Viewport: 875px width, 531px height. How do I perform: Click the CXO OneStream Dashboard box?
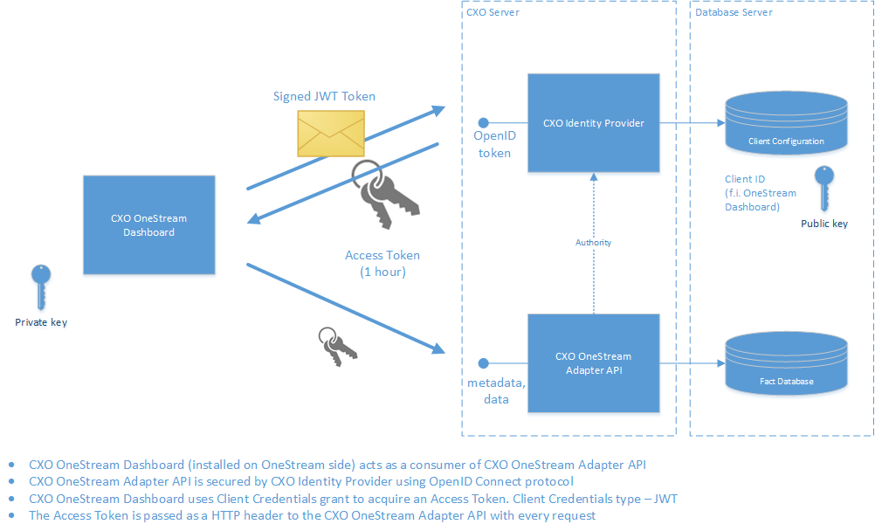point(148,225)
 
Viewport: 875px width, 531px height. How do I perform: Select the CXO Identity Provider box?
point(593,123)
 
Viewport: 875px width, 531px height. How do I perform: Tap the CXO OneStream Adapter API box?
point(593,363)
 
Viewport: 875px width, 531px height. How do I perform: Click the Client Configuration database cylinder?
point(786,124)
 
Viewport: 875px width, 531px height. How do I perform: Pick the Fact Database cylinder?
point(786,365)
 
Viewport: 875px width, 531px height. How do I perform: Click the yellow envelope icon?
point(331,134)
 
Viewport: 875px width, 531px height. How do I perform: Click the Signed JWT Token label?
point(324,96)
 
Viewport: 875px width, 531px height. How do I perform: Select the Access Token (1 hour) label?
point(382,264)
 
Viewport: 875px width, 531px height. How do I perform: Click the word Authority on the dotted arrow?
point(593,242)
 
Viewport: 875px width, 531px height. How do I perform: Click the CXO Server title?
point(493,12)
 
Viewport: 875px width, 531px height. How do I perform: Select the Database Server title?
point(734,12)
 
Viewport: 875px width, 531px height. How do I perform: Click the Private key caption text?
point(41,322)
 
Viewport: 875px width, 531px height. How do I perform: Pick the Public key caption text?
point(823,224)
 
